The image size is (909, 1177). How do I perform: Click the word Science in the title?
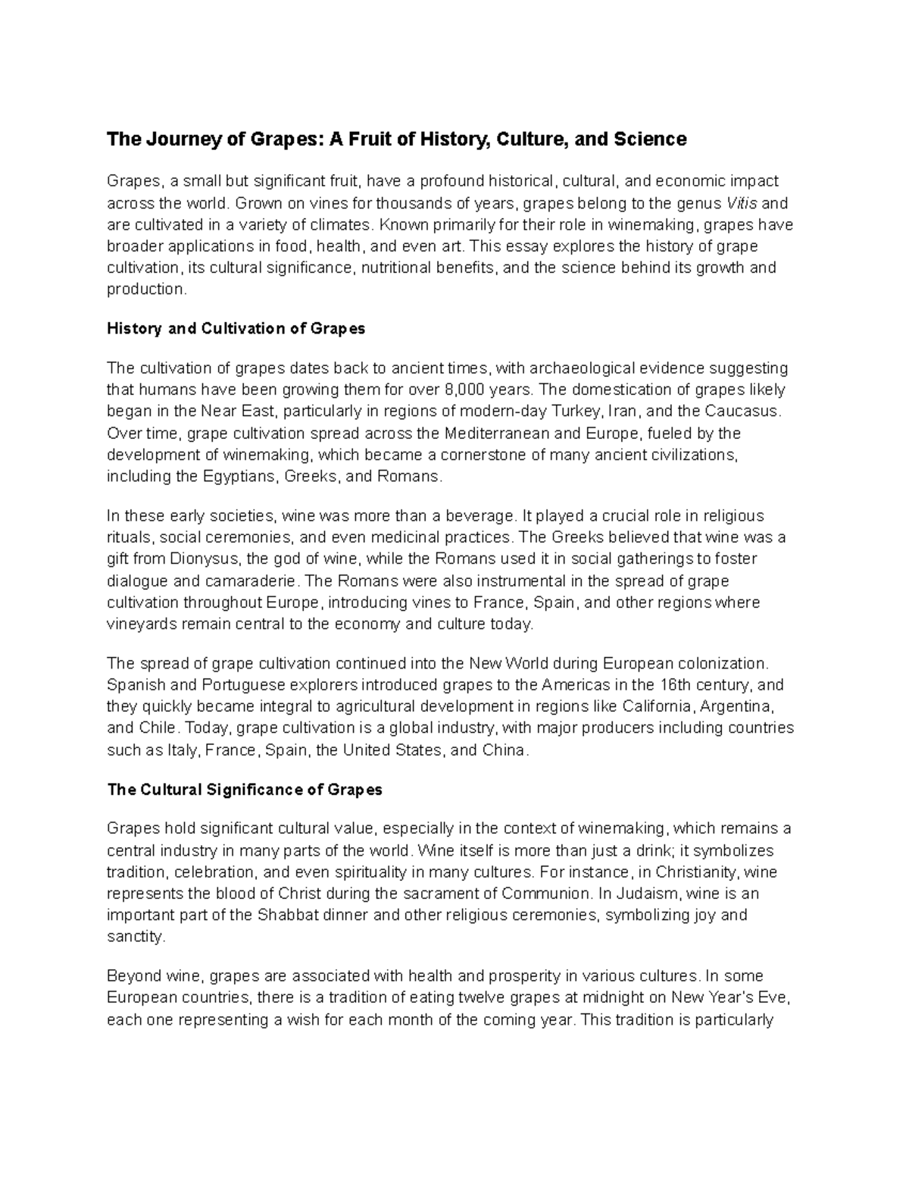(648, 139)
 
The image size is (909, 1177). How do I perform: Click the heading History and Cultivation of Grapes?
(236, 329)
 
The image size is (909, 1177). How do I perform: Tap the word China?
(503, 750)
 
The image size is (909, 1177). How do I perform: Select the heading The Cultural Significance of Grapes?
(245, 790)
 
